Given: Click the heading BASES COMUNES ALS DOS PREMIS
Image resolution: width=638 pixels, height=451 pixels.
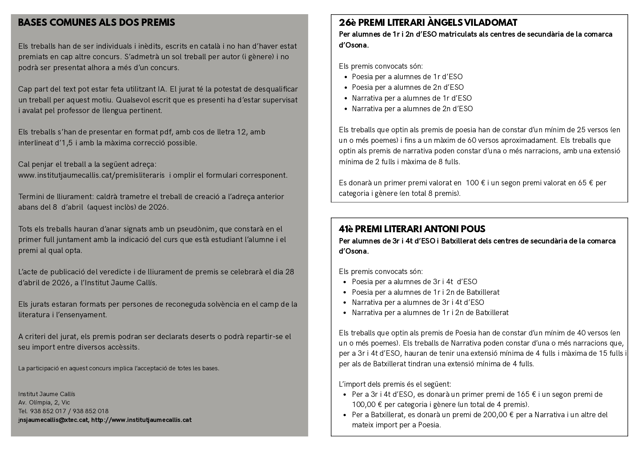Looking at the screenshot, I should tap(96, 23).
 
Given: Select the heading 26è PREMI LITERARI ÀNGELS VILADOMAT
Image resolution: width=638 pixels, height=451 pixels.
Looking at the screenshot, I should tap(428, 23).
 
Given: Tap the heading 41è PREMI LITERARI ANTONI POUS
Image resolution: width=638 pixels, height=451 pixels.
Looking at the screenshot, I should tap(412, 229).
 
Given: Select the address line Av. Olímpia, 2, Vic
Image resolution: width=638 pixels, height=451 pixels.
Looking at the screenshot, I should tap(44, 403).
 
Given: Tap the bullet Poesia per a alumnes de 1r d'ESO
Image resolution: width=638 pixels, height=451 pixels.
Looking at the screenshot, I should tap(407, 77).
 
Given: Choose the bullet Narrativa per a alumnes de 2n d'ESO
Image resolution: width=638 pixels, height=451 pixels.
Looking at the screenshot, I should tap(412, 109).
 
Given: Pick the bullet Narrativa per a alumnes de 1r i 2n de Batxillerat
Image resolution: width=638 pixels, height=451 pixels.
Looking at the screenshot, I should tap(430, 313).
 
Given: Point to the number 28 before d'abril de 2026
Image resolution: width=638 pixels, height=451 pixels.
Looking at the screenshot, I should tap(290, 272).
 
